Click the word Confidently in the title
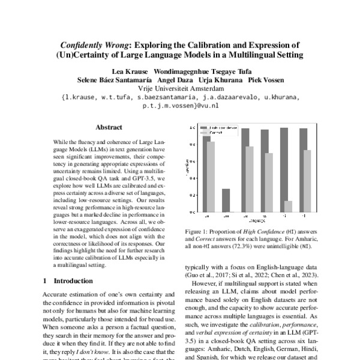tap(85, 45)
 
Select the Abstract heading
tap(109, 128)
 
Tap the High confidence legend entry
tap(222, 128)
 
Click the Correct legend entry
tap(217, 133)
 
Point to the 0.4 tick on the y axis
tap(193, 178)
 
